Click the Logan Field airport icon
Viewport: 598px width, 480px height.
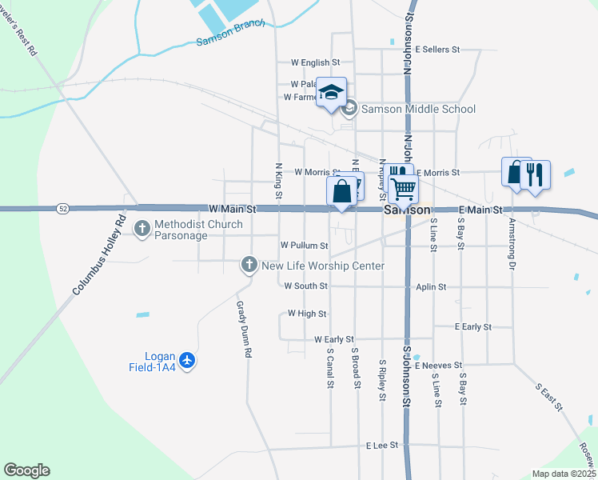(x=188, y=362)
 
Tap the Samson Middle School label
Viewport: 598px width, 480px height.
(x=418, y=110)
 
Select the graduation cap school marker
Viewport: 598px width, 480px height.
(x=330, y=93)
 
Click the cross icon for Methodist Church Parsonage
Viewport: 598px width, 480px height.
(x=142, y=230)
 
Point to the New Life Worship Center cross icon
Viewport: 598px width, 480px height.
(x=249, y=264)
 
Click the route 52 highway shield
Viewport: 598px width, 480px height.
(x=62, y=209)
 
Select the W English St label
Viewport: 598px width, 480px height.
(x=315, y=62)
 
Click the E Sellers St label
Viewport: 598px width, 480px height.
(x=437, y=50)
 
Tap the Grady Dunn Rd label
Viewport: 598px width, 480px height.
(x=243, y=329)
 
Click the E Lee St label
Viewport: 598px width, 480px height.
(x=381, y=445)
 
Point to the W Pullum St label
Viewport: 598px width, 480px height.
(x=304, y=245)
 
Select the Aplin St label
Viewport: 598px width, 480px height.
(x=431, y=286)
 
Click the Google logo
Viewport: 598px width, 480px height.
(x=26, y=470)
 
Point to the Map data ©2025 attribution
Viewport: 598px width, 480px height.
(x=564, y=474)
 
